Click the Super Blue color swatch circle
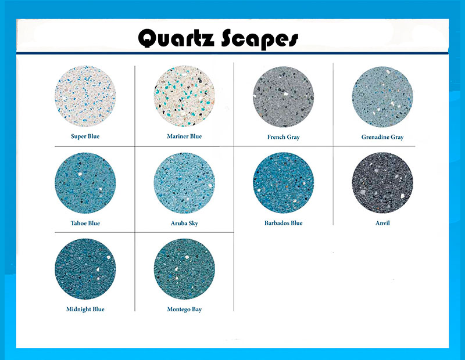point(85,96)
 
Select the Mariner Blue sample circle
point(184,96)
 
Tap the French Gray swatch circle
point(284,97)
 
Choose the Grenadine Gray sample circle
point(382,97)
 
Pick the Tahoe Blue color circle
point(85,183)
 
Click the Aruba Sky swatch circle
point(184,183)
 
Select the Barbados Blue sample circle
point(284,183)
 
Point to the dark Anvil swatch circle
point(382,183)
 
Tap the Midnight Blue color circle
point(85,269)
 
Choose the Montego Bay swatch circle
point(184,269)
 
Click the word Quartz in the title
point(176,38)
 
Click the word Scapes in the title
point(260,39)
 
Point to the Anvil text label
point(382,223)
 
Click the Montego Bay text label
point(184,309)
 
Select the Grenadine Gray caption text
point(382,137)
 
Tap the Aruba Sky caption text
point(184,223)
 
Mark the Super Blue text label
point(85,136)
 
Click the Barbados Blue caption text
point(284,223)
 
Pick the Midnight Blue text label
point(85,309)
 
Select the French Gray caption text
point(284,137)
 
